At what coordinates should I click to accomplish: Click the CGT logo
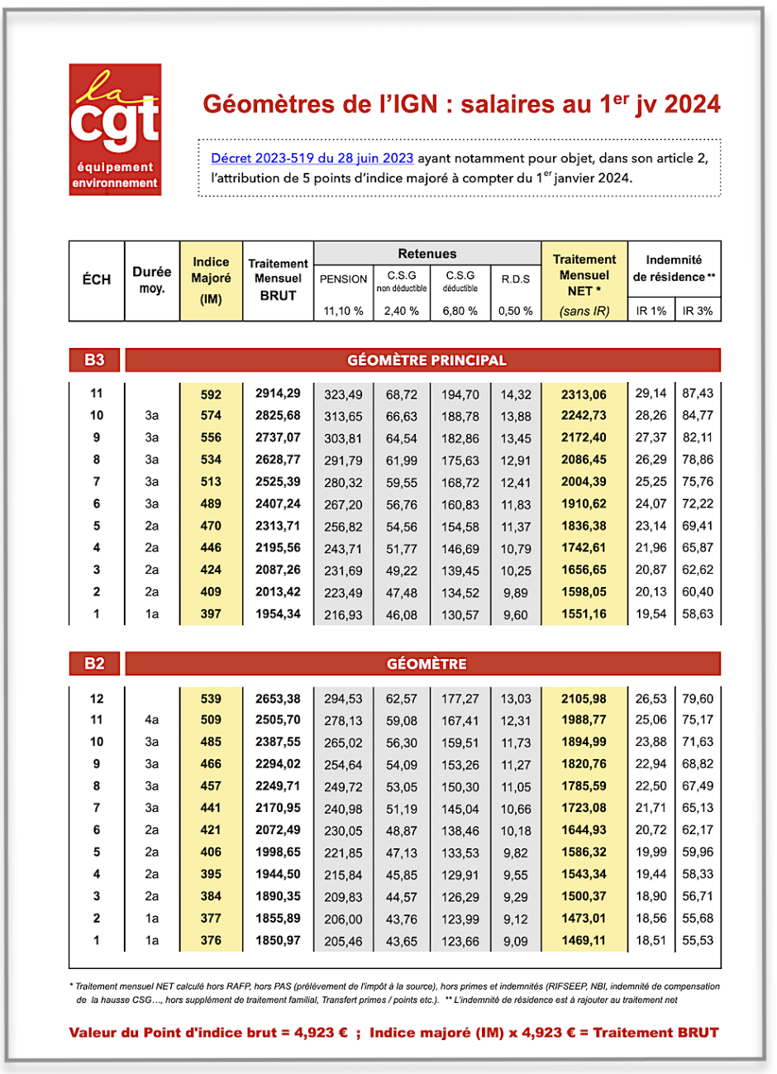[115, 130]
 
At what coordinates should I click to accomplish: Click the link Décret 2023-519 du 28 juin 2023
[312, 158]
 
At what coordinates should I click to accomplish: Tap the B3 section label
[95, 360]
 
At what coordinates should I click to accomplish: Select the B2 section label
[95, 664]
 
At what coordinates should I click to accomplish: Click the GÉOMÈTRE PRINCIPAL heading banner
[427, 360]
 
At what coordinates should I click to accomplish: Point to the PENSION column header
[343, 279]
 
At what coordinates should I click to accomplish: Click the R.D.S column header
[516, 279]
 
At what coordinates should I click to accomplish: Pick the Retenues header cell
[427, 254]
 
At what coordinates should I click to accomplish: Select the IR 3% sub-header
[698, 311]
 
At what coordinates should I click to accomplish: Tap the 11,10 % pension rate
[343, 311]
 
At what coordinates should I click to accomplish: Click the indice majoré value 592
[211, 394]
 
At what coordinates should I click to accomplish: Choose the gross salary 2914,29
[278, 394]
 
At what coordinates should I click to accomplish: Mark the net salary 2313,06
[584, 394]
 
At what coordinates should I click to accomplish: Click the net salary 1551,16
[584, 614]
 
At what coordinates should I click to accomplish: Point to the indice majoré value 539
[211, 699]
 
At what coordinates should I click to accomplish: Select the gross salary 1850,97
[278, 940]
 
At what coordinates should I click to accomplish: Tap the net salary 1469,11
[584, 940]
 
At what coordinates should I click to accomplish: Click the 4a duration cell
[151, 720]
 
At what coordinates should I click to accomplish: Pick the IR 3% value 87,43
[698, 394]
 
